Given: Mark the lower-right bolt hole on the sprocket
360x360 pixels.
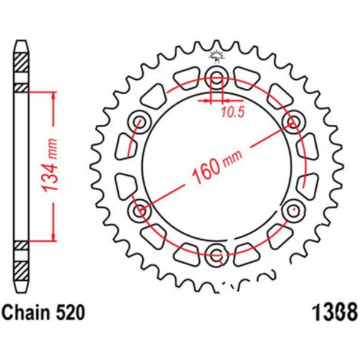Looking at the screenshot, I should (293, 209).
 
